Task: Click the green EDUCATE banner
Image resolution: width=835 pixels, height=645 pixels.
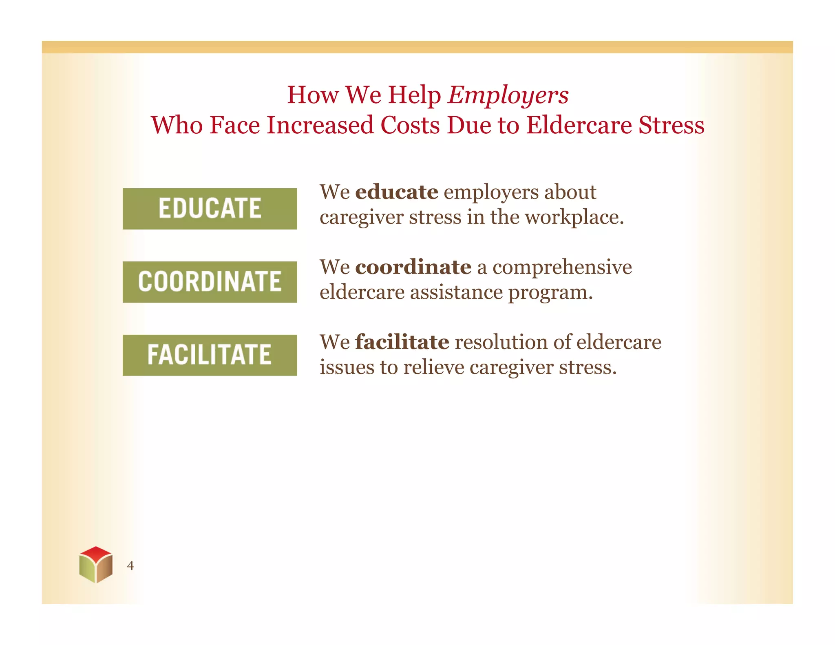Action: [x=210, y=208]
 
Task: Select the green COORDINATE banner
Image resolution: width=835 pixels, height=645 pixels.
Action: [x=210, y=282]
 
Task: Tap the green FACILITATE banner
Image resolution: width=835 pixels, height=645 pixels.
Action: [x=210, y=355]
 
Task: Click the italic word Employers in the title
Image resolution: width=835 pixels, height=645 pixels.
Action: [x=508, y=95]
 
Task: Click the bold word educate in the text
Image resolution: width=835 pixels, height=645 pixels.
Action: [x=396, y=192]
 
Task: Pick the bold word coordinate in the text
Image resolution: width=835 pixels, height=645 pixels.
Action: [x=413, y=267]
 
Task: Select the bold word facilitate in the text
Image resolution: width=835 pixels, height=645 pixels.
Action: [x=402, y=342]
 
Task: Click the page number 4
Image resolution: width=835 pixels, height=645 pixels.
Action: [x=130, y=565]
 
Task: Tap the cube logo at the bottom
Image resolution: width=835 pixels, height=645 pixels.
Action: [x=96, y=565]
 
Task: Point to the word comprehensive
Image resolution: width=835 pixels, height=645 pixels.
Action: [x=562, y=267]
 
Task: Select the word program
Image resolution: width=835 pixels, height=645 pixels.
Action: [x=550, y=293]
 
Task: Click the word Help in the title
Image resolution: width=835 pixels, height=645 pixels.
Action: [x=414, y=95]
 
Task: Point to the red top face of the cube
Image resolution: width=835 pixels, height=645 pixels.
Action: [x=96, y=553]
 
